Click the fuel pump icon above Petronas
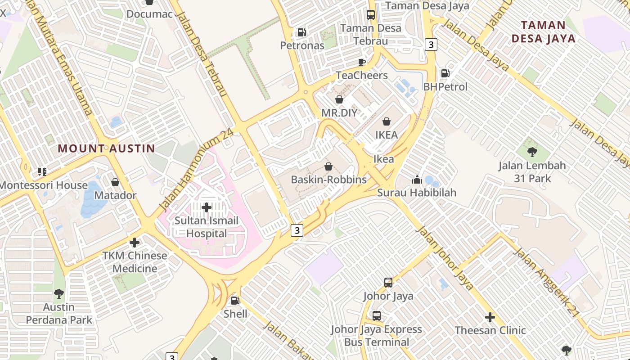tap(301, 32)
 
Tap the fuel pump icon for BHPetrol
tap(445, 73)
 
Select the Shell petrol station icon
tap(235, 301)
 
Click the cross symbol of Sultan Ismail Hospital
tap(207, 207)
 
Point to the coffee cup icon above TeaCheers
tap(361, 62)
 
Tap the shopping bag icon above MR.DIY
tap(339, 99)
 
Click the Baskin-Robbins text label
tap(328, 180)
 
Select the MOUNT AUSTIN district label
tap(106, 148)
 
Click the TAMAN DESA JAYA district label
tap(544, 31)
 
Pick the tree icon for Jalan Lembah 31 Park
tap(532, 152)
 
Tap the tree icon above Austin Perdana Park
tap(58, 294)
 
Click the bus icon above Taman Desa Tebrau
tap(370, 15)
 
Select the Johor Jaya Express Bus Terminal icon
tap(377, 316)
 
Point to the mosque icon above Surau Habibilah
tap(417, 180)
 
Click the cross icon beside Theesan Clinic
tap(490, 317)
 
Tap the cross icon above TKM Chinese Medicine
tap(134, 243)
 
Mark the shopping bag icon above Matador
tap(115, 182)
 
